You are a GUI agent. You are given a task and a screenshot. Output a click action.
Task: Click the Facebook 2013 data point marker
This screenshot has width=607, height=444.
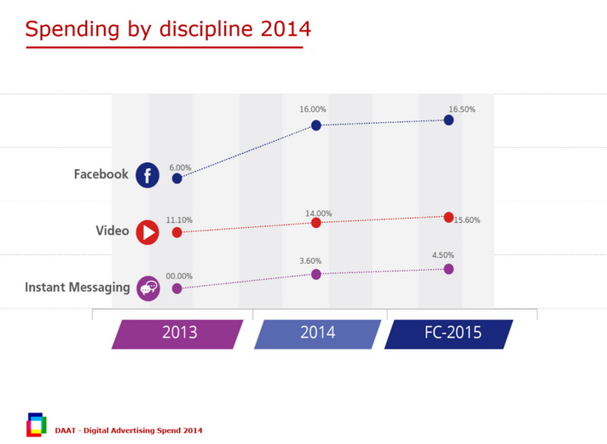point(176,178)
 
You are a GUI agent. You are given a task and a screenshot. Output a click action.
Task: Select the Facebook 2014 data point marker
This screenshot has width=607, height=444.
point(316,126)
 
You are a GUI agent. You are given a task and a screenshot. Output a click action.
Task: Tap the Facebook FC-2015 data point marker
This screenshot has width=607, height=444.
point(448,120)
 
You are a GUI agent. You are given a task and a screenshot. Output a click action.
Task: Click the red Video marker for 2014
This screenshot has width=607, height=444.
point(316,222)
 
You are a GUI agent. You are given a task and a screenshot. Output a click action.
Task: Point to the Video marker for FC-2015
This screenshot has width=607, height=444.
point(448,217)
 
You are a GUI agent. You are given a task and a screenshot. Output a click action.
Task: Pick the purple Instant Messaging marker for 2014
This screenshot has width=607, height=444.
point(316,274)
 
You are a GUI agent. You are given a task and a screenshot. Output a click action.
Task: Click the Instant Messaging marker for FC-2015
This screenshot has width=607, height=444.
point(448,269)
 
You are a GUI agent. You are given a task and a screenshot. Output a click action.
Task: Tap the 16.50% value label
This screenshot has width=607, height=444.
point(462,109)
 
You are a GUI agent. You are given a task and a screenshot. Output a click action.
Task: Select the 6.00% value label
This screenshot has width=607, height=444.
point(180,167)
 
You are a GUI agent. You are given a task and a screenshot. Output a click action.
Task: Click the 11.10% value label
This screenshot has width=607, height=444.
point(179,220)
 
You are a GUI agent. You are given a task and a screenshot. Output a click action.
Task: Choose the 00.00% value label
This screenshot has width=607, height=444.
point(179,276)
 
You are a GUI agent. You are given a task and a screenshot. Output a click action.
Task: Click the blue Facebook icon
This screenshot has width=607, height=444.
point(147,175)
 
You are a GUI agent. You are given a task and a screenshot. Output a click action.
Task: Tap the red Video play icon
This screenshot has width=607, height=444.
point(147,231)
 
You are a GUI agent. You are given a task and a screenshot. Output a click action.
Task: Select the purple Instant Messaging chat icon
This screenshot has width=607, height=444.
point(147,288)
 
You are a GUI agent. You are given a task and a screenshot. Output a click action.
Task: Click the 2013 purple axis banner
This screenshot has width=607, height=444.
point(179,333)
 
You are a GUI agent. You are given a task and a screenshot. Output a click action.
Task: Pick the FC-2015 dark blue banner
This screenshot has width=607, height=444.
point(449,333)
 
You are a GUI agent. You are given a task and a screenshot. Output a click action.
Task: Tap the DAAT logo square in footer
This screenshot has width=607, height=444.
point(37,424)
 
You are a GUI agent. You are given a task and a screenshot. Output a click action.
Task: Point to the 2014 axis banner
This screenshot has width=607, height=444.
point(317,333)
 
